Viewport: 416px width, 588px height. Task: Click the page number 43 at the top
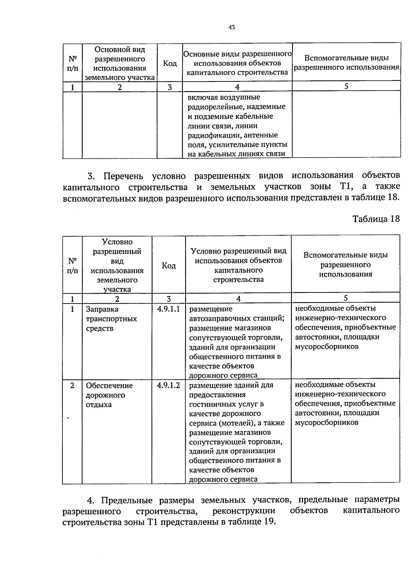pyautogui.click(x=232, y=27)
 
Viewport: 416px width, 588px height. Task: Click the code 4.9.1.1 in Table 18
pyautogui.click(x=168, y=309)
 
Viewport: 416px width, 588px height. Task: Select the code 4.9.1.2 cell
pyautogui.click(x=168, y=385)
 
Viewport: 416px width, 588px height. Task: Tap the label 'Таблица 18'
pyautogui.click(x=376, y=219)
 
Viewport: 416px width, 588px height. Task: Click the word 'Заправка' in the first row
pyautogui.click(x=102, y=309)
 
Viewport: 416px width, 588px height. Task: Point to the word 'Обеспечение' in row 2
pyautogui.click(x=109, y=386)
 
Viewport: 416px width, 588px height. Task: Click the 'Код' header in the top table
pyautogui.click(x=170, y=63)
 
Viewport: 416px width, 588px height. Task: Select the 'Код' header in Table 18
pyautogui.click(x=169, y=265)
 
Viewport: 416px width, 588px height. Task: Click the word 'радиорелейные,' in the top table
pyautogui.click(x=214, y=107)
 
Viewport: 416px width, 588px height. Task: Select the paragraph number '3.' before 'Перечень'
pyautogui.click(x=91, y=176)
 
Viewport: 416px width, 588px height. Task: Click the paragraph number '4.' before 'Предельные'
pyautogui.click(x=90, y=500)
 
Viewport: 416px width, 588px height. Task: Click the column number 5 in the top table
pyautogui.click(x=346, y=86)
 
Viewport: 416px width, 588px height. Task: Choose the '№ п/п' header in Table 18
pyautogui.click(x=72, y=265)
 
